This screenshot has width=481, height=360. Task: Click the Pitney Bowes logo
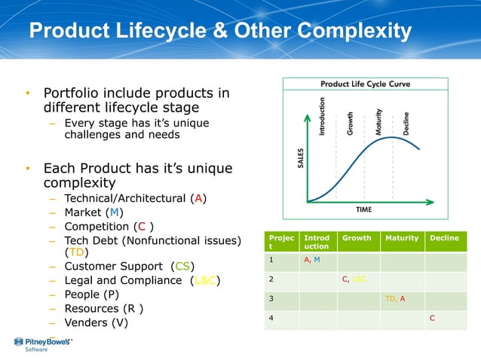(x=41, y=344)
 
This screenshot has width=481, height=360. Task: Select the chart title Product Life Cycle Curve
(x=365, y=84)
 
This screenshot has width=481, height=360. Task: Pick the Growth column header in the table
(x=357, y=238)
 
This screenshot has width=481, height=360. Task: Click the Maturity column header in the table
(x=401, y=238)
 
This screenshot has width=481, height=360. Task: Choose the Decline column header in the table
(x=444, y=238)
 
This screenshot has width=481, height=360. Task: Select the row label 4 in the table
(x=271, y=318)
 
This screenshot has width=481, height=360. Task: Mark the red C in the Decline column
(x=432, y=318)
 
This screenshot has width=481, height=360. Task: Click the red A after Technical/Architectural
(x=198, y=199)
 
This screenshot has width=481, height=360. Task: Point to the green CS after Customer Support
(x=182, y=266)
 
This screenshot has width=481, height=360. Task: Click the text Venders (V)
(x=96, y=322)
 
